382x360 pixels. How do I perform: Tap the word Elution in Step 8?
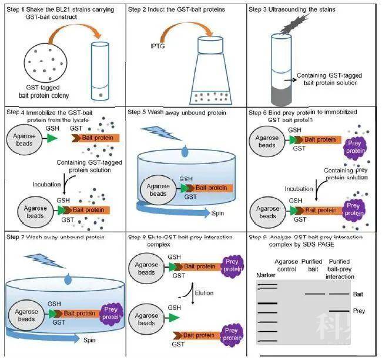click(204, 292)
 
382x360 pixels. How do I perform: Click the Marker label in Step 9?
click(266, 275)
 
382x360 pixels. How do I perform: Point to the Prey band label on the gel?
click(358, 311)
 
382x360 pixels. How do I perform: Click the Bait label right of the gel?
click(357, 294)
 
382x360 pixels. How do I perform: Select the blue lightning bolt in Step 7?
click(39, 254)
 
